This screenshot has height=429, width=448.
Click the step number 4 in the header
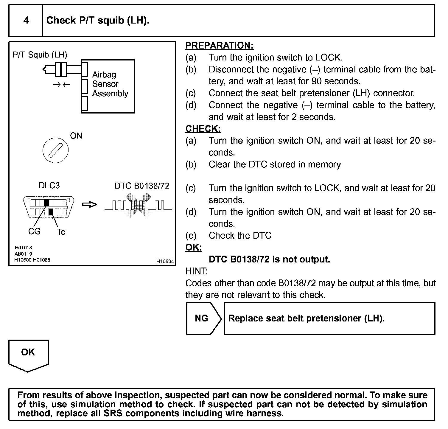(26, 20)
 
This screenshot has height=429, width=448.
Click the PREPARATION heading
(220, 46)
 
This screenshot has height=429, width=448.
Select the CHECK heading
(203, 129)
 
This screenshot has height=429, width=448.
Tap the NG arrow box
(203, 318)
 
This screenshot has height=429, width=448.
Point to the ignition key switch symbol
(56, 150)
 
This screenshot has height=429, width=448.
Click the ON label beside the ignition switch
(76, 136)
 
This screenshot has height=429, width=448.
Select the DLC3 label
(49, 186)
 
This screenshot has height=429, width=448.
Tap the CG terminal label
(34, 231)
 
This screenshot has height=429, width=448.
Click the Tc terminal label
(61, 232)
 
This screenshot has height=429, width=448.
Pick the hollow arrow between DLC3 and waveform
(90, 205)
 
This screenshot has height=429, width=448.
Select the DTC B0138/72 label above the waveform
(142, 186)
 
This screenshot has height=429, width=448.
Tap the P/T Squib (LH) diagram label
(40, 55)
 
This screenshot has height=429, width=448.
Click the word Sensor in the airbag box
(105, 84)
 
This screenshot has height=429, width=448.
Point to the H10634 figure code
(165, 261)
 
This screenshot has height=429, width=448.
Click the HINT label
(197, 271)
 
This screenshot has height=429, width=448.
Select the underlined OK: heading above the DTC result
(194, 248)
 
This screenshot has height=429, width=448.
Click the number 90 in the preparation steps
(317, 81)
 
